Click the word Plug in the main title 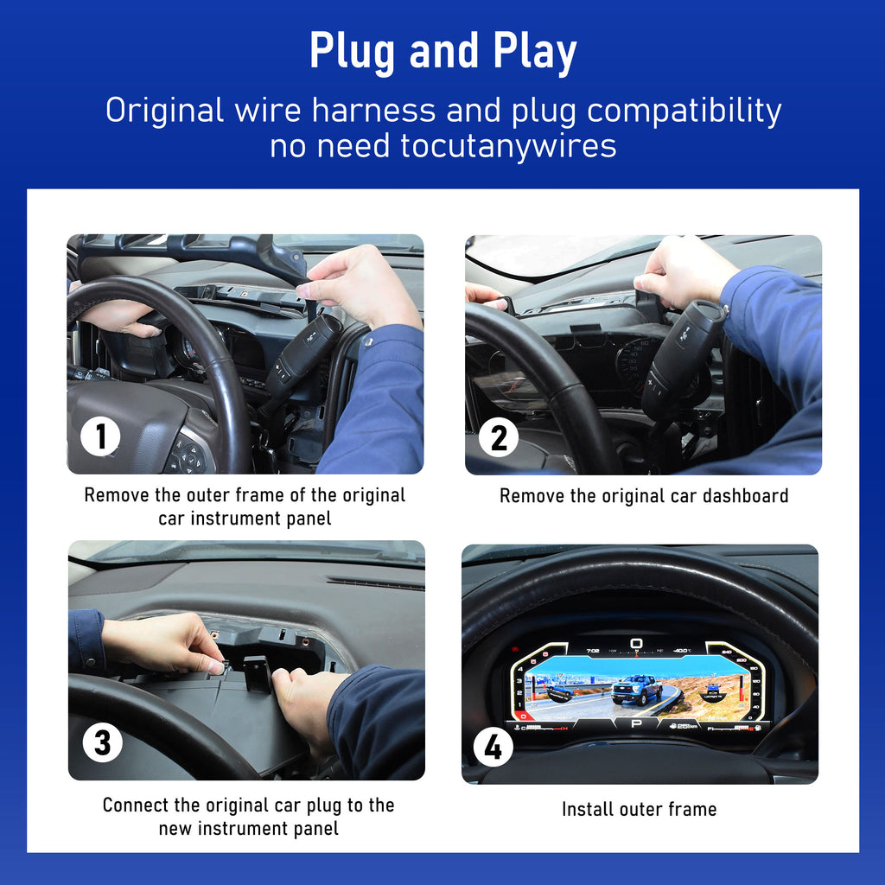[353, 52]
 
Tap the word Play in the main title [534, 52]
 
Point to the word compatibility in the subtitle [684, 111]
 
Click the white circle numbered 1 [100, 436]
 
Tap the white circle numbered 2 [499, 437]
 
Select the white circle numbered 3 [102, 742]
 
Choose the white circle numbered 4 [493, 747]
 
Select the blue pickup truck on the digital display [637, 690]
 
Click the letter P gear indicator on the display [636, 723]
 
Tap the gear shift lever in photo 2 [682, 355]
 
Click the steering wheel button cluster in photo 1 [188, 455]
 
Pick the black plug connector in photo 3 [257, 673]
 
